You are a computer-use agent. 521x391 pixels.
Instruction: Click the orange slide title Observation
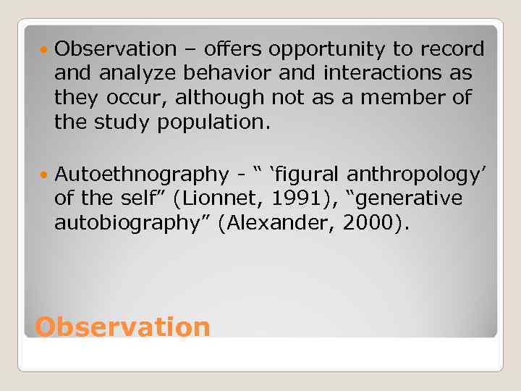[x=122, y=327]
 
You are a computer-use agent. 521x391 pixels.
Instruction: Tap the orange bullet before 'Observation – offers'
[x=46, y=49]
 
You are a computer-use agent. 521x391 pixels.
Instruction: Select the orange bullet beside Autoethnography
[x=46, y=175]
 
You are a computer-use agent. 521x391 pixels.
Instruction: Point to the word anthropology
[x=414, y=175]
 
